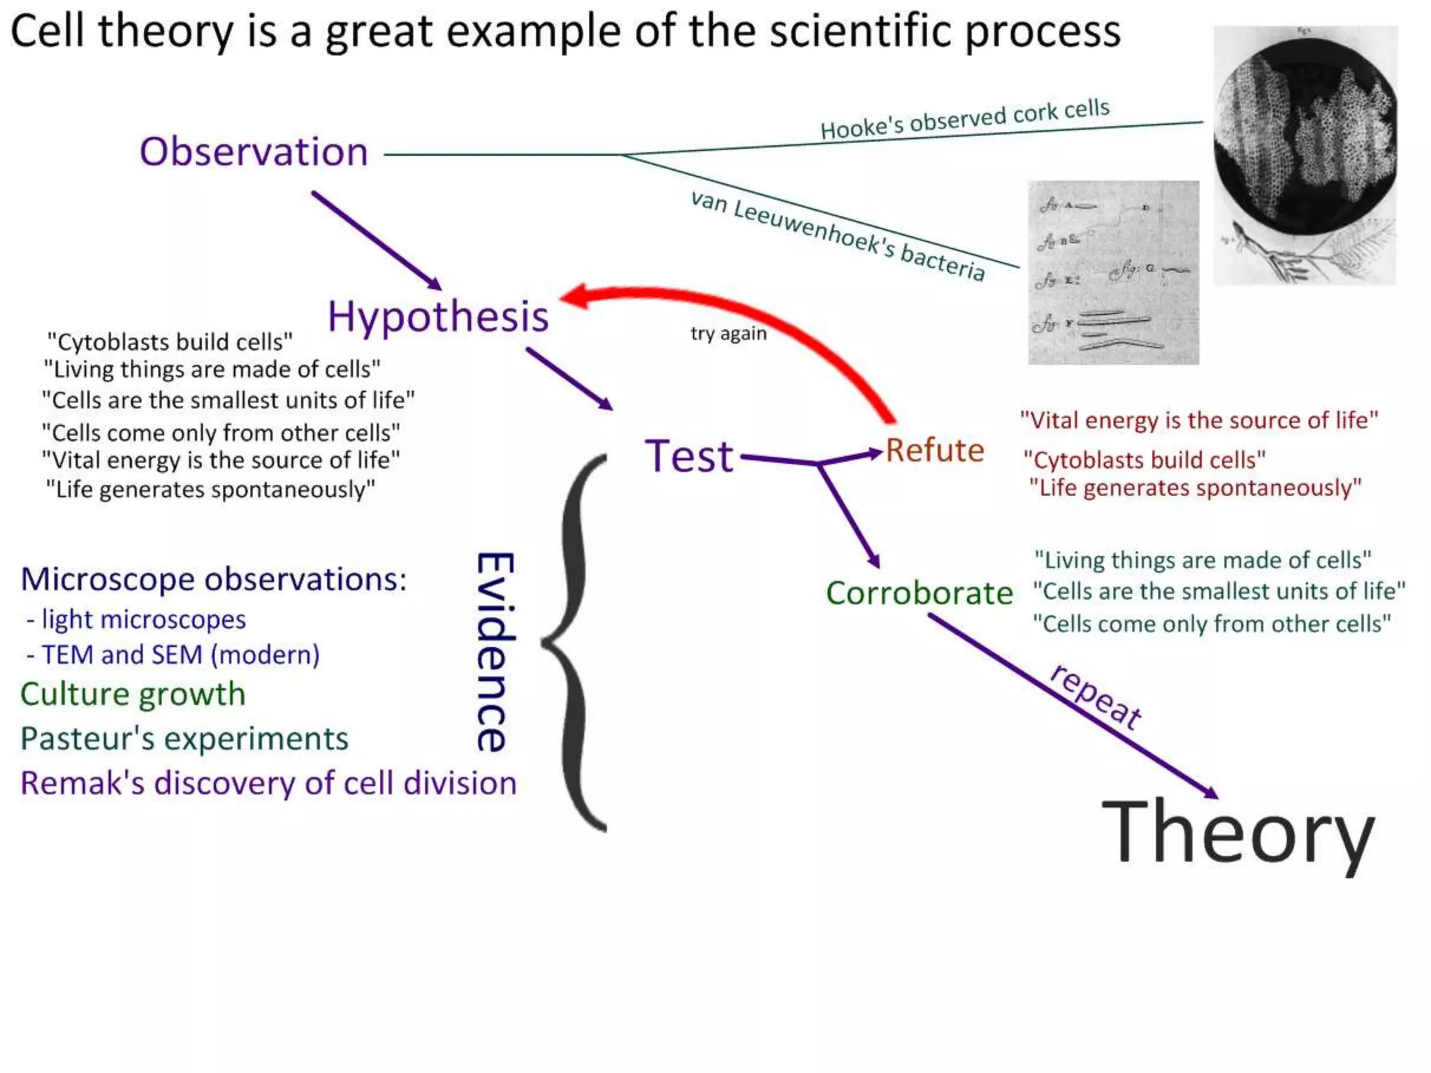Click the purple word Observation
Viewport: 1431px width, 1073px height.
(254, 152)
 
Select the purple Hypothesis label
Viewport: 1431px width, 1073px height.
(438, 316)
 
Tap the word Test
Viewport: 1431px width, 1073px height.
(689, 457)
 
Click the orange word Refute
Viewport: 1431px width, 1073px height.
(935, 451)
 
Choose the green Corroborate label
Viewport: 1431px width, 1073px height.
(919, 594)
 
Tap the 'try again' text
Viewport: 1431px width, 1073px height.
(728, 333)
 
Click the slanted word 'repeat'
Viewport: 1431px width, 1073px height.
(1096, 696)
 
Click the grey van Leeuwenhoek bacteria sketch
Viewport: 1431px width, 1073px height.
(1113, 272)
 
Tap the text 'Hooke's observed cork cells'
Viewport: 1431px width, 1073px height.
(964, 119)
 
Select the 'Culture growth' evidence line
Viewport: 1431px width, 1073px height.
(133, 694)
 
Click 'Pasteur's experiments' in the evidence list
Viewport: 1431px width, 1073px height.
(184, 739)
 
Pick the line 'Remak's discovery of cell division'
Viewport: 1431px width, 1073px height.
(268, 783)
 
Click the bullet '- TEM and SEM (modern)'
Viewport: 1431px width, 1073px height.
(173, 655)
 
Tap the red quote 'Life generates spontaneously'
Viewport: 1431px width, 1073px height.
(1195, 488)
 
